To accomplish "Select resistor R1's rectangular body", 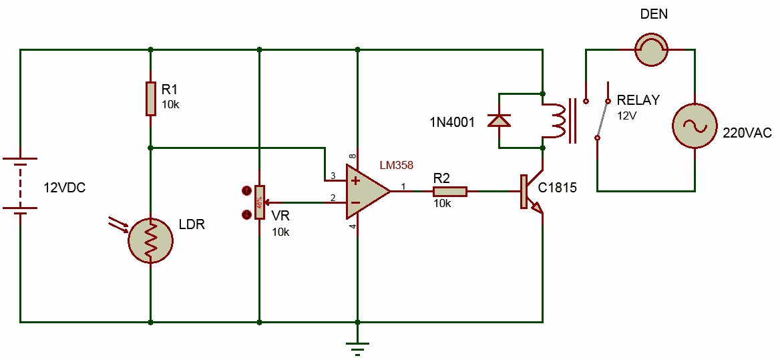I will [151, 99].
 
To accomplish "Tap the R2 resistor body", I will [449, 192].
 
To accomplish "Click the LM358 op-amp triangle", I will [367, 192].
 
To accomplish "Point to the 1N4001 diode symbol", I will [499, 120].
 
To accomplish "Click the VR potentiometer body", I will [258, 202].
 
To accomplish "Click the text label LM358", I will [397, 165].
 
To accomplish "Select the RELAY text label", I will [638, 100].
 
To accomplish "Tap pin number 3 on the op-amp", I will [332, 177].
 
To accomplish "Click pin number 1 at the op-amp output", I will [403, 186].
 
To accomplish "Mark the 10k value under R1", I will [170, 105].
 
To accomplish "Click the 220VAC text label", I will [747, 133].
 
